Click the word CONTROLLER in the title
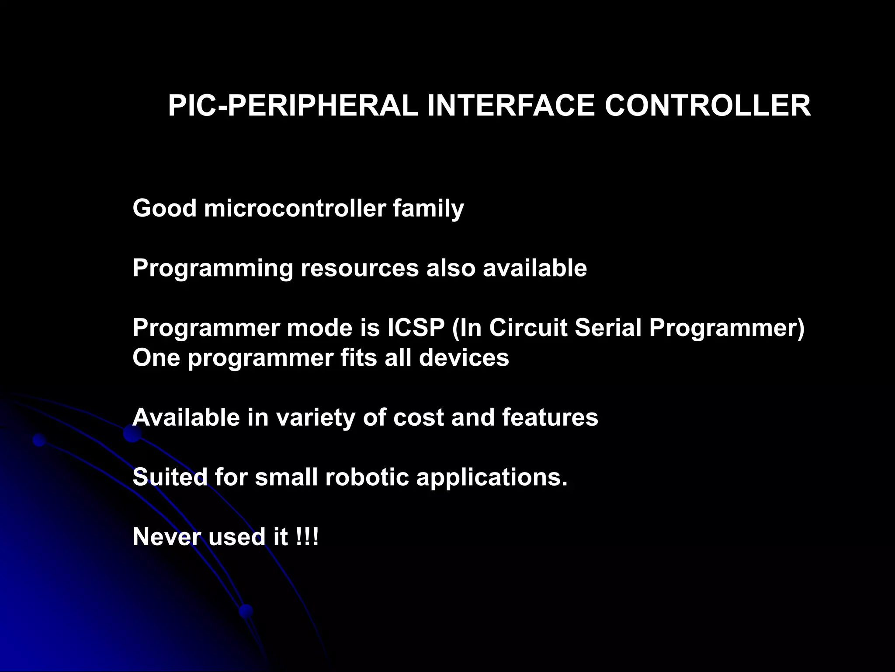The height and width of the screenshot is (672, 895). pos(708,106)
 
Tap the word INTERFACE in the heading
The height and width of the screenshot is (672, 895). pos(511,106)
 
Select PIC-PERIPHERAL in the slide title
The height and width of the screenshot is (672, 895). pos(293,106)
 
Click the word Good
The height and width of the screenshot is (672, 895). pos(164,208)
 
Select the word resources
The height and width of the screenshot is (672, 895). pos(360,268)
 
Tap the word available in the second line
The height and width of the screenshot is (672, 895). pos(535,268)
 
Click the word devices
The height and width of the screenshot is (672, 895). pos(464,357)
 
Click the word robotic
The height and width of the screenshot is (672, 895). pos(367,477)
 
